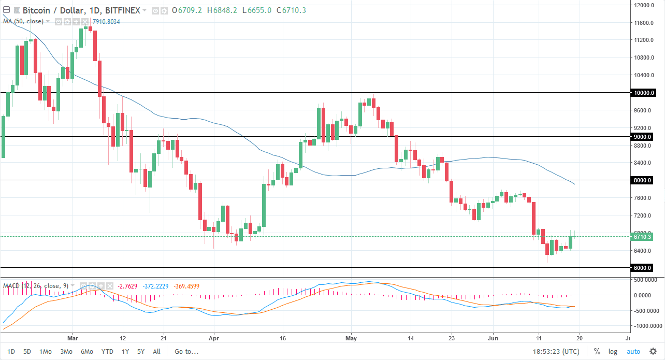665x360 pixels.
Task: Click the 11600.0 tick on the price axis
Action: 643,23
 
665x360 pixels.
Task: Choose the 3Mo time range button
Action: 66,351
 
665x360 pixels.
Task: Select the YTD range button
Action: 107,351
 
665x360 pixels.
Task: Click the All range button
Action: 156,351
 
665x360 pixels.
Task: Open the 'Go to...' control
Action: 186,351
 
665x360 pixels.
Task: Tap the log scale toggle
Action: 613,351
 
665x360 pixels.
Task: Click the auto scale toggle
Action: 633,351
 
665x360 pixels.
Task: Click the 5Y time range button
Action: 141,351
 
